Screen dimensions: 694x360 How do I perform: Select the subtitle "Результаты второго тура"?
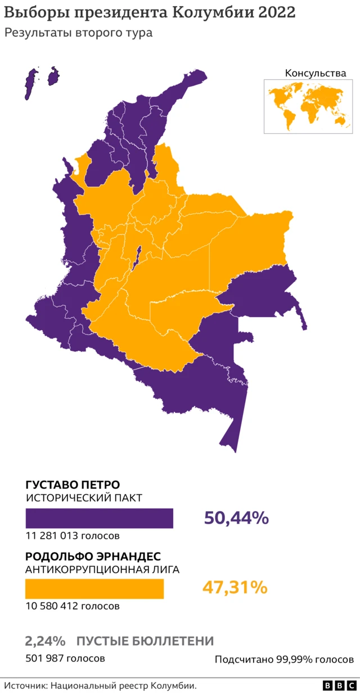[79, 33]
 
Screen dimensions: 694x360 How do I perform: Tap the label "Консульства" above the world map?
[316, 73]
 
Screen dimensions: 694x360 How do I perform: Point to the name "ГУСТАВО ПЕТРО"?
[73, 485]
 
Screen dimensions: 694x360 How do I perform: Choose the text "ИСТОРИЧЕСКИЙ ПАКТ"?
[84, 498]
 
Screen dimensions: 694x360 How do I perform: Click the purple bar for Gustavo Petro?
[99, 518]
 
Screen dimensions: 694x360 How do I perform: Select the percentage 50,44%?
[236, 518]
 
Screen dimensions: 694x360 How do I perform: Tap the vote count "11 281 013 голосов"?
[73, 535]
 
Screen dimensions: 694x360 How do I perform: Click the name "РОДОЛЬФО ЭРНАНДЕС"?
[93, 556]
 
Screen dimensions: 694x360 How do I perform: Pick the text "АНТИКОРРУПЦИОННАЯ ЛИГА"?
[102, 570]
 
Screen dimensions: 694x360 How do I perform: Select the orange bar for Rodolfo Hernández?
[94, 589]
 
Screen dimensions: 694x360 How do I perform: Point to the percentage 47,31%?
[235, 588]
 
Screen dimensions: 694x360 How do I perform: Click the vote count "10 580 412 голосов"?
[73, 606]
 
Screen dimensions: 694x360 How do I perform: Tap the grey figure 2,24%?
[45, 641]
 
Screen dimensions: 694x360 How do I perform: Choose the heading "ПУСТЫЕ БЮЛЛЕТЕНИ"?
[145, 641]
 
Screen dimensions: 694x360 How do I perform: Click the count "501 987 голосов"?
[65, 658]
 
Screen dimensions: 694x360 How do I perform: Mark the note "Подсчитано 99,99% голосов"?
[284, 659]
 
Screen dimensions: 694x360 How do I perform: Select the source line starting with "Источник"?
[101, 686]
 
